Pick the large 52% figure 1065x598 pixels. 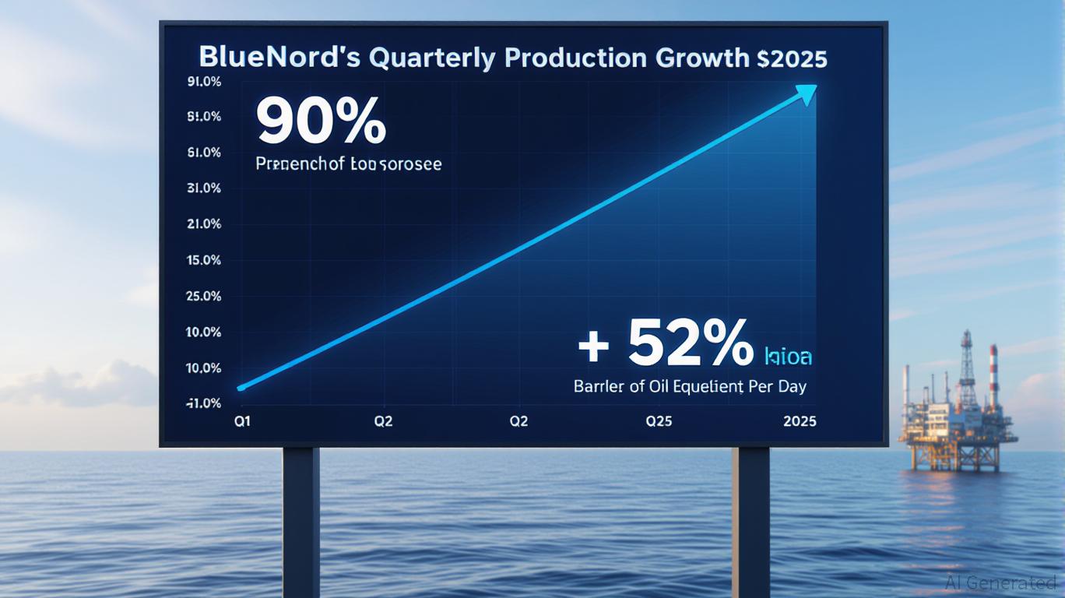[689, 343]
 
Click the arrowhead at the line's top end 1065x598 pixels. [807, 94]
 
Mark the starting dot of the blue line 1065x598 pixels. [241, 387]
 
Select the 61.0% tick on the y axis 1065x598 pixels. [205, 153]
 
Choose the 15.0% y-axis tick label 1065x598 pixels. [205, 260]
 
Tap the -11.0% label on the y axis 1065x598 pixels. [204, 403]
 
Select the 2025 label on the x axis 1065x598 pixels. [800, 421]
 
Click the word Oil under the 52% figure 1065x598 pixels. [659, 386]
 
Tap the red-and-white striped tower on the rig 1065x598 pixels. [994, 367]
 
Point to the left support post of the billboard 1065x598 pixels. [301, 522]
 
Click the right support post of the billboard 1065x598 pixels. [750, 522]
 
